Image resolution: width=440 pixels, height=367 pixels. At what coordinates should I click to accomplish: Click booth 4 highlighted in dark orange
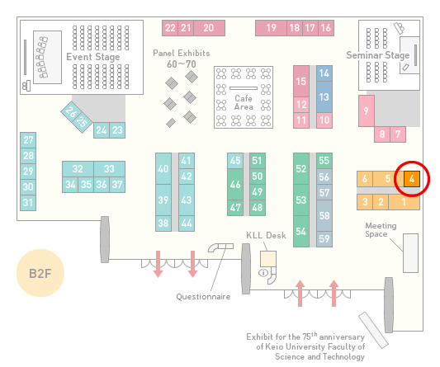click(412, 179)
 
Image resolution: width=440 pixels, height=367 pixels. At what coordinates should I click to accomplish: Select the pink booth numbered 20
click(209, 28)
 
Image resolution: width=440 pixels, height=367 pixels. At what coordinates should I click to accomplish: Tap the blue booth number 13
click(324, 97)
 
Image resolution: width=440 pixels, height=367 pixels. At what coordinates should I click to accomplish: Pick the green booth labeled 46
click(235, 184)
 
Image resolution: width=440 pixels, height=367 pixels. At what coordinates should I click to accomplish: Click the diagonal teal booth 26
click(70, 112)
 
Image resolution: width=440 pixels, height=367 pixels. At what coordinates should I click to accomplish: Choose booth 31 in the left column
click(28, 202)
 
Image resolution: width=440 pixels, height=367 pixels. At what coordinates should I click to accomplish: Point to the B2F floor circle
click(40, 273)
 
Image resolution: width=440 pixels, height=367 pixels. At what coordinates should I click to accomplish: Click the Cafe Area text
click(244, 102)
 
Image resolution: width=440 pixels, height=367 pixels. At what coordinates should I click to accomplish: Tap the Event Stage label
click(93, 57)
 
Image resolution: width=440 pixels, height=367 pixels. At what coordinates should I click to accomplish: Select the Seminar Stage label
click(378, 55)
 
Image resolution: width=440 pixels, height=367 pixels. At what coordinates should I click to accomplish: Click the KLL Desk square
click(268, 259)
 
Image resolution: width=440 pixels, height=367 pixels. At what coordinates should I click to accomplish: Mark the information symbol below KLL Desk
click(263, 272)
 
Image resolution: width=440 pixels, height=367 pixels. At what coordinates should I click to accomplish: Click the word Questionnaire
click(203, 297)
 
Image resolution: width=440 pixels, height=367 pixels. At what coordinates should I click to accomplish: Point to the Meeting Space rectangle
click(410, 253)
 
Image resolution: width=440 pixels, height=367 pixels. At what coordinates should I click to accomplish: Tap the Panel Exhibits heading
click(182, 54)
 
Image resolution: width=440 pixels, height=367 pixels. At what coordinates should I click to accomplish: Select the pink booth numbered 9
click(367, 111)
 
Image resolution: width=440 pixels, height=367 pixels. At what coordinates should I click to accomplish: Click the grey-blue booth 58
click(324, 215)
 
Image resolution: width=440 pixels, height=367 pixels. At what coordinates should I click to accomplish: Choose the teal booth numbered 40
click(163, 169)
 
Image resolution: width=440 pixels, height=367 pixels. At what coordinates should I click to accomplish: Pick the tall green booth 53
click(301, 200)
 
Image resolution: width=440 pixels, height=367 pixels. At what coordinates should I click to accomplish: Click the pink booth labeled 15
click(301, 82)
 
